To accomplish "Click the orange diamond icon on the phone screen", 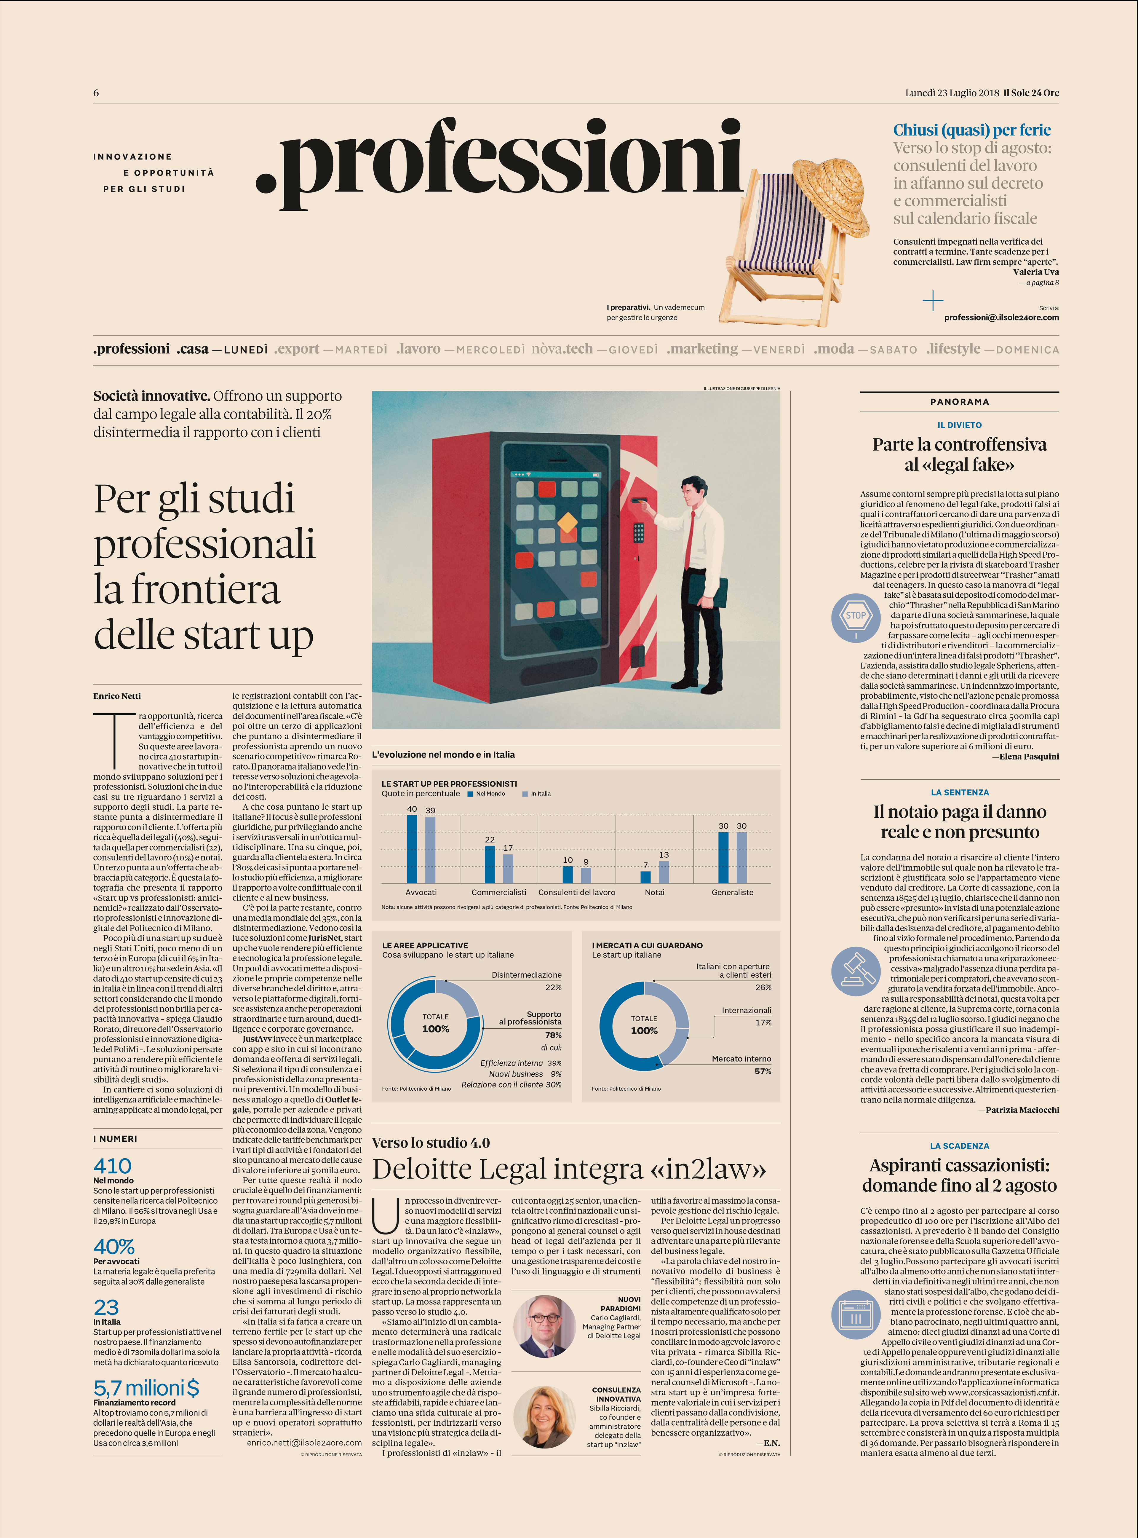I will tap(567, 522).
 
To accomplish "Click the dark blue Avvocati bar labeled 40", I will tap(412, 849).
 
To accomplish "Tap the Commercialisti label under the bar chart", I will tap(499, 892).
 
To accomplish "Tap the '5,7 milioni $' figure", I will tap(146, 1388).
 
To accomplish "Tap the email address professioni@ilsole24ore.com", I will tap(1001, 318).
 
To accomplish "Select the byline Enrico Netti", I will tap(117, 696).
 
